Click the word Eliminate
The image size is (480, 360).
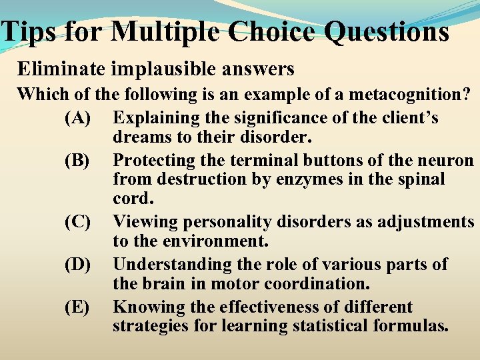(57, 69)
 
